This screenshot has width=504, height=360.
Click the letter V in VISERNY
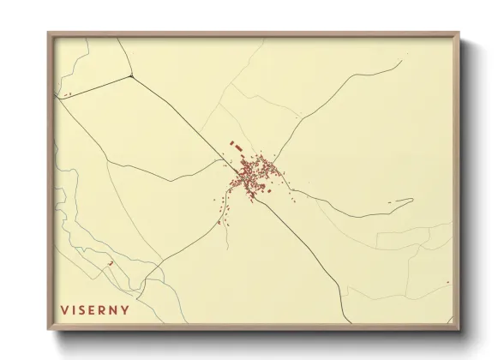click(64, 309)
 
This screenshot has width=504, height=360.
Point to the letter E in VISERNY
click(95, 309)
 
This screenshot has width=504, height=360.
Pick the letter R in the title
click(105, 309)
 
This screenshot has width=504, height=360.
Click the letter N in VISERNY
click(116, 309)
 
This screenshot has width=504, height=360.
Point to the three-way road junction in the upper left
click(130, 75)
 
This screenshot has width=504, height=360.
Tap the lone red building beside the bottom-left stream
click(110, 264)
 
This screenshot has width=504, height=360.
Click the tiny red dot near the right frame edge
click(447, 280)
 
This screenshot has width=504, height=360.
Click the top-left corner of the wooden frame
click(49, 33)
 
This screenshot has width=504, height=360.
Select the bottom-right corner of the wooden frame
click(459, 331)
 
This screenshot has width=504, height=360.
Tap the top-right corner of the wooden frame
click(459, 33)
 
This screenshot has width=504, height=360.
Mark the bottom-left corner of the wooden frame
click(49, 331)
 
